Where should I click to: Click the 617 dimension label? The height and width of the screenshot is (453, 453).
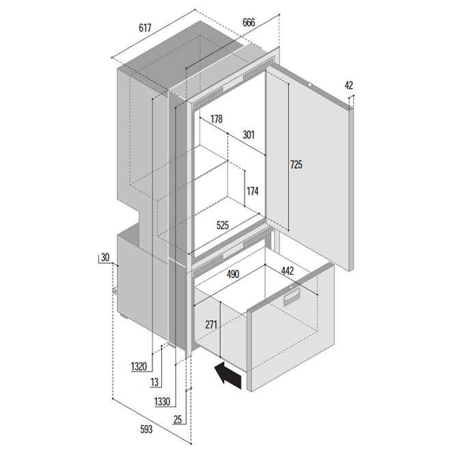[145, 28]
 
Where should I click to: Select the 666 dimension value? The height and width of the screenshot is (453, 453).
[249, 23]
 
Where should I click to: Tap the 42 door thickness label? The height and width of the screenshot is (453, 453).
[348, 85]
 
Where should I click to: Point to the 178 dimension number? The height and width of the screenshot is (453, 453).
[217, 119]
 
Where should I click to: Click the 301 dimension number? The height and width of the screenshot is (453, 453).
[249, 135]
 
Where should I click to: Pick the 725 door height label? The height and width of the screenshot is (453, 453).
[297, 165]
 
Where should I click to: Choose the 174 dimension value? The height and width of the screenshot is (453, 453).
[253, 191]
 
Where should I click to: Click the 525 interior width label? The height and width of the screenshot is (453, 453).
[223, 225]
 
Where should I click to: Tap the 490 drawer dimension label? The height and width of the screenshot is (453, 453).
[233, 274]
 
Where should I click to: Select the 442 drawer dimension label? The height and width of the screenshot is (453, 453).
[288, 271]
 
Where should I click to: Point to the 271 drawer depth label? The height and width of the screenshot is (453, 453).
[211, 325]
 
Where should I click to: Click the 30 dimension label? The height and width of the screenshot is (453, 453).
[105, 258]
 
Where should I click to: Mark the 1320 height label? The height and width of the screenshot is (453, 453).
[139, 367]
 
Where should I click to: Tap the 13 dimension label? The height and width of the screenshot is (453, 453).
[154, 382]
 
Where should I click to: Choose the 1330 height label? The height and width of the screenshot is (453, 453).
[162, 402]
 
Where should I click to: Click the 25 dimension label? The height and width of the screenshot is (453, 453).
[178, 420]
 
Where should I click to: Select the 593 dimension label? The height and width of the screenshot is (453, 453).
[146, 430]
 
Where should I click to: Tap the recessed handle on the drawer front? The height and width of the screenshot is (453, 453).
[292, 297]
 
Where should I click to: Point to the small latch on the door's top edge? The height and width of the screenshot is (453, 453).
[310, 85]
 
